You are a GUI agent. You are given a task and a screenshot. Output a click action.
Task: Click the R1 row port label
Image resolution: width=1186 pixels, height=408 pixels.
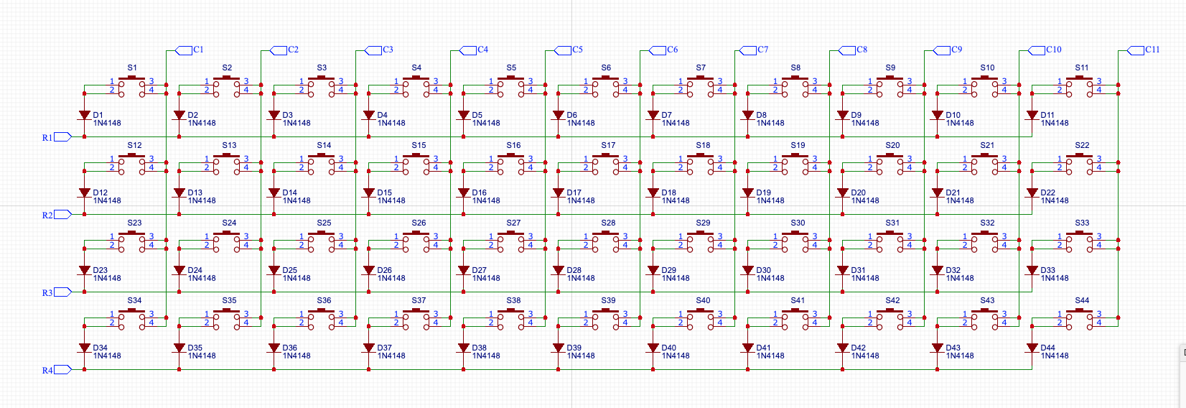47,137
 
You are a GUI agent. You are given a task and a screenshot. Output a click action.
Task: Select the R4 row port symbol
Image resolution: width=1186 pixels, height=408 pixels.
63,370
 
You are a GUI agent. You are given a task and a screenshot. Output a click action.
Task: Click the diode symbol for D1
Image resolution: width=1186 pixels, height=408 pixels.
85,115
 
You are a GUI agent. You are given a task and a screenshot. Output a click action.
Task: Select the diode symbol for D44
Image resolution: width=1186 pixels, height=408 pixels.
1032,348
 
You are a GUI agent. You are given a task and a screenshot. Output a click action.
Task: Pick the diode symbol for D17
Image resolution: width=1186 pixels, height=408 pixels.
559,193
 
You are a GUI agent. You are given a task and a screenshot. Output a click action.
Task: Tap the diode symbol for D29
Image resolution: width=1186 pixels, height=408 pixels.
653,270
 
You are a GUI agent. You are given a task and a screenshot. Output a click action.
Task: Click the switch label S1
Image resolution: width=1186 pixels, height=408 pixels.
132,68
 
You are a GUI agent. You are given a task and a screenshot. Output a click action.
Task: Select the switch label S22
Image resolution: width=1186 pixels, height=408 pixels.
1082,145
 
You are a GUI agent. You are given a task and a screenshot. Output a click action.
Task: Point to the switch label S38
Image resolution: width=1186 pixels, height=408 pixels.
513,300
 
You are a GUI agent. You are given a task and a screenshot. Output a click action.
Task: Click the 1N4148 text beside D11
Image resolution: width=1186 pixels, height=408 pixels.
1055,123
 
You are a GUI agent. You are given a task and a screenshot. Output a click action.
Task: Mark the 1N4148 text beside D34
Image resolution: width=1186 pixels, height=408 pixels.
107,356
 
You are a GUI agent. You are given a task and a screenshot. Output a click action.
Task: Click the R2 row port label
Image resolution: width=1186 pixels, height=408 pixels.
47,215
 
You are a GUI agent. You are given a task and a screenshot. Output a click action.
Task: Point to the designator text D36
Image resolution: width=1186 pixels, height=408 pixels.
289,348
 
